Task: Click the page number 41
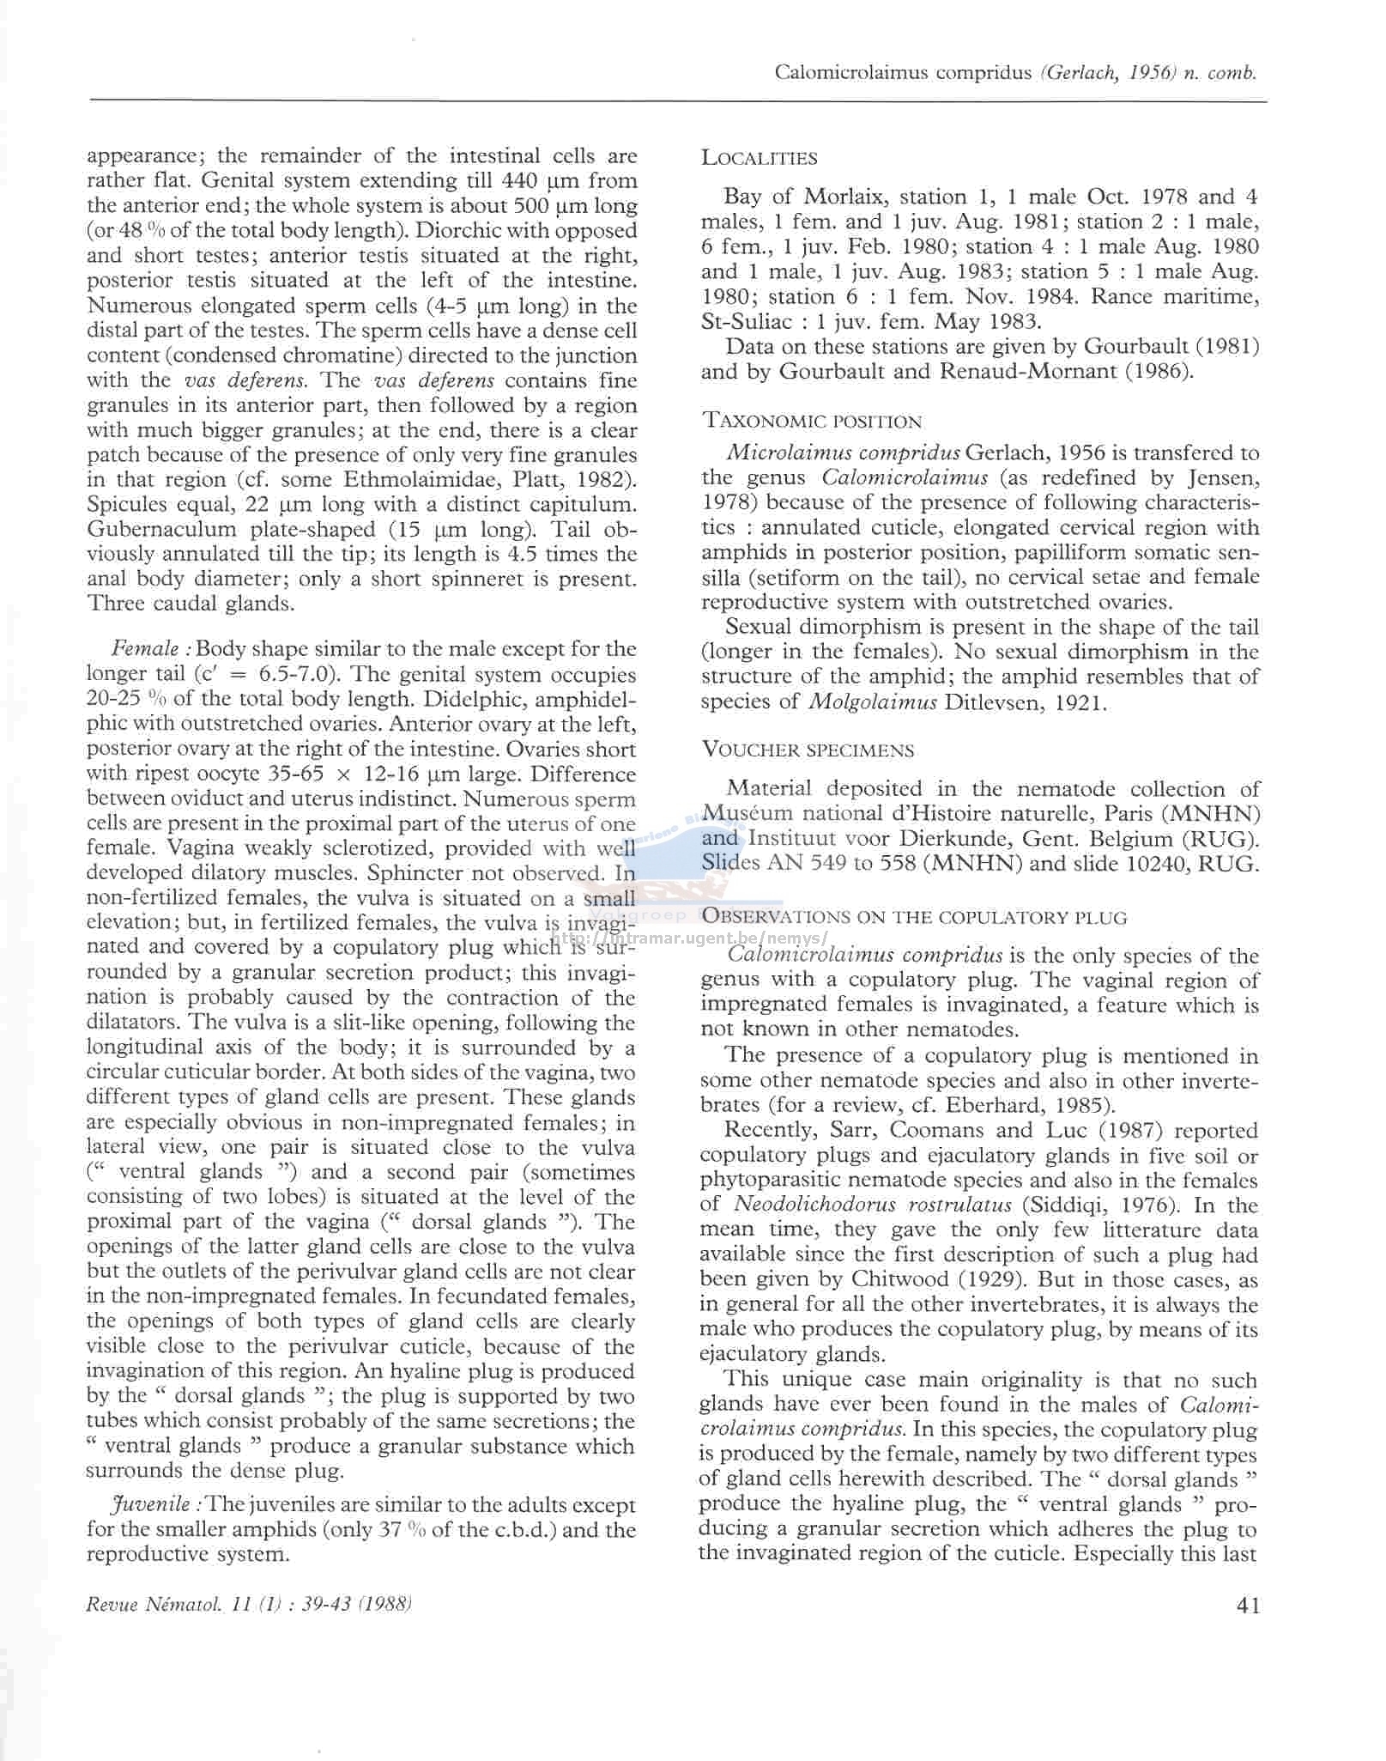pyautogui.click(x=1249, y=1605)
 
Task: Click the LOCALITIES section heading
pyautogui.click(x=759, y=158)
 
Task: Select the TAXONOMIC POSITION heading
pyautogui.click(x=811, y=421)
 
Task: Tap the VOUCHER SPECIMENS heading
pyautogui.click(x=808, y=750)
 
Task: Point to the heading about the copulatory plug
pyautogui.click(x=914, y=917)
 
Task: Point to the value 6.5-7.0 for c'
pyautogui.click(x=295, y=674)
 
